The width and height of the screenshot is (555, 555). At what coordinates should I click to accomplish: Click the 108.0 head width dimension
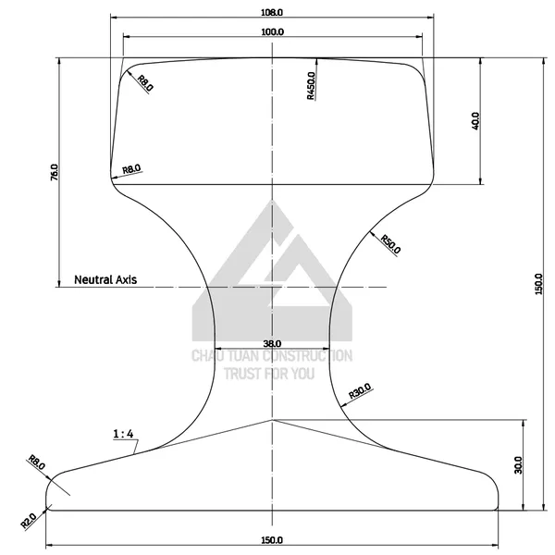272,12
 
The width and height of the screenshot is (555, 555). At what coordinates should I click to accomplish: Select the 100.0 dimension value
272,31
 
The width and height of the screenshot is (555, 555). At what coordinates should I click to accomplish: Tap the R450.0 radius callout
311,86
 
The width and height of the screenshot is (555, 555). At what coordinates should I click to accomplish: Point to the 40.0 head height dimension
475,120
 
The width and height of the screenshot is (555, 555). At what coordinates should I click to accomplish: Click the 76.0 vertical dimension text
55,172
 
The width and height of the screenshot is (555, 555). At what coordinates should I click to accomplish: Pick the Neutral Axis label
105,279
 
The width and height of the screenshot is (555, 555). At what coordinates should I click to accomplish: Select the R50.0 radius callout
390,244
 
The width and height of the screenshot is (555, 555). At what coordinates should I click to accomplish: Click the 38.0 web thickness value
272,343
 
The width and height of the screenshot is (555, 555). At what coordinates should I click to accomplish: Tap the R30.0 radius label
360,391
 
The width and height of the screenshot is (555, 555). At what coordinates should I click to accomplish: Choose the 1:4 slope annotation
123,434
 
